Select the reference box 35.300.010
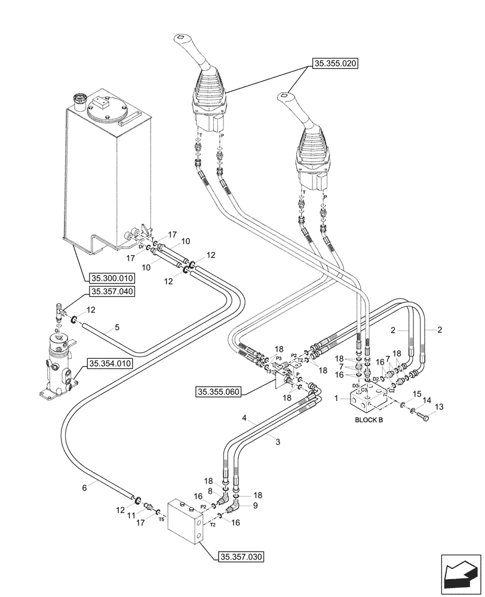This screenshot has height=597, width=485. pos(112,278)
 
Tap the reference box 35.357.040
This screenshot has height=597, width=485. pos(112,291)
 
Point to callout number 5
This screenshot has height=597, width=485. pos(117,327)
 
